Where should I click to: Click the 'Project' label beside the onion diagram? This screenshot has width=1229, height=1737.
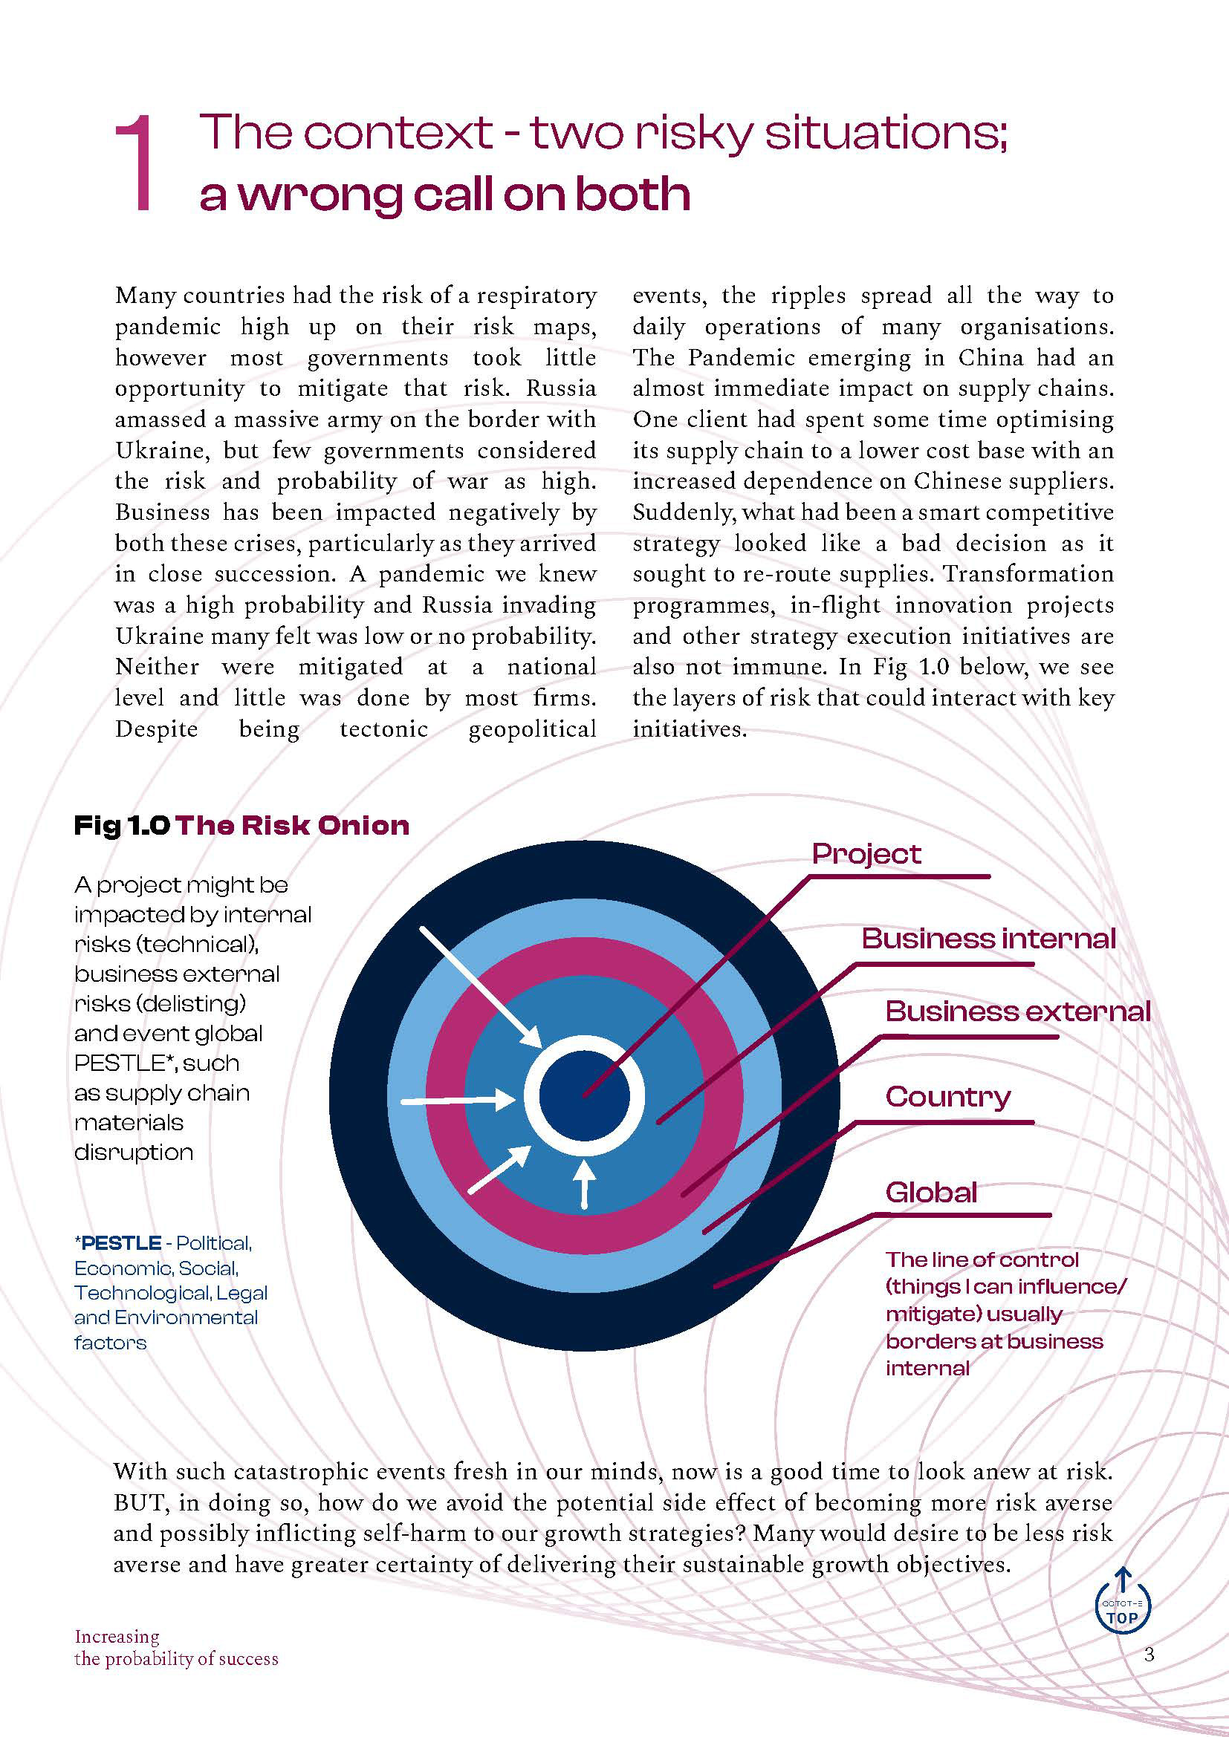click(866, 854)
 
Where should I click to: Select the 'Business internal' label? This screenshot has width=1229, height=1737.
click(988, 939)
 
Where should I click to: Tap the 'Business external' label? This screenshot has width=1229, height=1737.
click(1018, 1011)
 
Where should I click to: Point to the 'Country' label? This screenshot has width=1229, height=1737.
click(947, 1096)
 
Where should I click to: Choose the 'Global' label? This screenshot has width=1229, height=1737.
click(931, 1193)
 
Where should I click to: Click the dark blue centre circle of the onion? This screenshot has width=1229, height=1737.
click(583, 1095)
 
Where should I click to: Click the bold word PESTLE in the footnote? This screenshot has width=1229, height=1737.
click(121, 1243)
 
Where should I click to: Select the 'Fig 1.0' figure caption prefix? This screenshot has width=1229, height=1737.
click(121, 825)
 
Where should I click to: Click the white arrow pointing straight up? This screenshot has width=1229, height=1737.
click(583, 1182)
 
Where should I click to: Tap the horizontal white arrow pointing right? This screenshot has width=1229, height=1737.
click(458, 1099)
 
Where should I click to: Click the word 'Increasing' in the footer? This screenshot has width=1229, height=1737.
click(117, 1637)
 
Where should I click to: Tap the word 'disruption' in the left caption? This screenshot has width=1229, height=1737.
click(133, 1153)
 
